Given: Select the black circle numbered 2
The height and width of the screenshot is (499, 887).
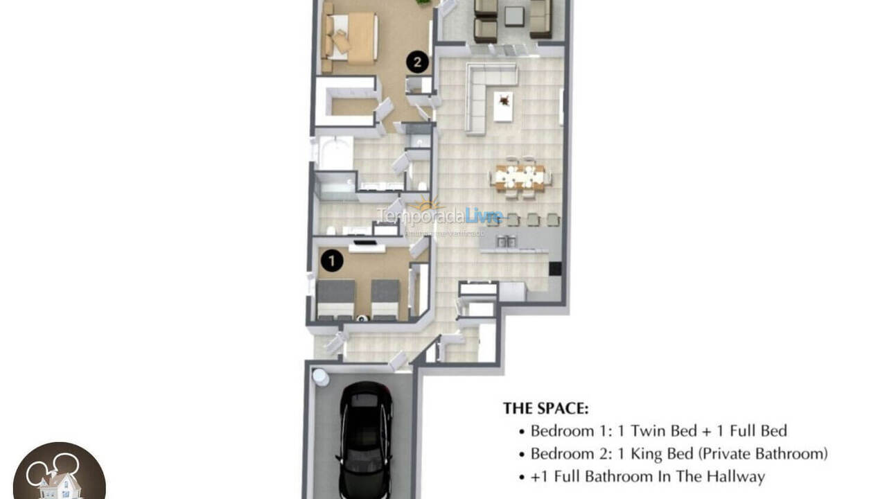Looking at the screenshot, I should pos(416,62).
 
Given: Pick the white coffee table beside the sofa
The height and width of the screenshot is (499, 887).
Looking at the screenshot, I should pos(503,106).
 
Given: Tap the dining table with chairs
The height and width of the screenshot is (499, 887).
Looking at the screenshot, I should pos(520,177).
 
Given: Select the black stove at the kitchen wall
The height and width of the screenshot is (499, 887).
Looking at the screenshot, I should pos(554,269).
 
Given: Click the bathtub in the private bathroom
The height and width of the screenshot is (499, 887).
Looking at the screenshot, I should pos(335,153).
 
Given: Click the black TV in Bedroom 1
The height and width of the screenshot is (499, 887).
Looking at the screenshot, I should pos(366,243).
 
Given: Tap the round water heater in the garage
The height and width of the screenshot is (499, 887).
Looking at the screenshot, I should pos(320,376).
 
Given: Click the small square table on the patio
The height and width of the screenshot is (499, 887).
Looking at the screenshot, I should pos(513,15).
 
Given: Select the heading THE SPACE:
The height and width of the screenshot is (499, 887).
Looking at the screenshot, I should pos(545,408).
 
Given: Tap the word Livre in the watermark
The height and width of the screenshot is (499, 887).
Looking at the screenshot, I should pos(484,216).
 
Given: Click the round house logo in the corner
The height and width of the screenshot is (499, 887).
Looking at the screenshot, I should pos(59,473).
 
